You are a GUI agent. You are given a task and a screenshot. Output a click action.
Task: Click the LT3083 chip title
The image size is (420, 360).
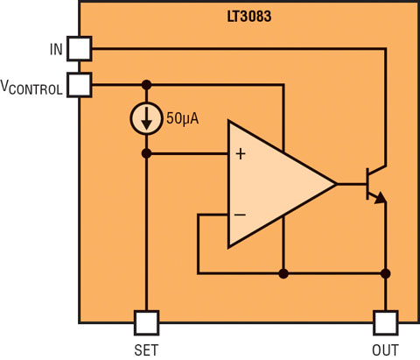[x=249, y=17]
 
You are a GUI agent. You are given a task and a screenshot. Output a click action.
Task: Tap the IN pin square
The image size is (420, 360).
[x=80, y=49]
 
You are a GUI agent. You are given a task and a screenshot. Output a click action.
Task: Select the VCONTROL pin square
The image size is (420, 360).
[x=80, y=85]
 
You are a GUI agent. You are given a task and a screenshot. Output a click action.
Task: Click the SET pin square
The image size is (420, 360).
[x=146, y=322]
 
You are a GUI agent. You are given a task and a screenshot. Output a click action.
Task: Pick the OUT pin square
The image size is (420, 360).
[x=386, y=322]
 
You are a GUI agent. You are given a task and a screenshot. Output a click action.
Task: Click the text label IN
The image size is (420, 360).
[x=56, y=50]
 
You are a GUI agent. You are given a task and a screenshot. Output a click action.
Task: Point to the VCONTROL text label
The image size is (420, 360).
[x=31, y=88]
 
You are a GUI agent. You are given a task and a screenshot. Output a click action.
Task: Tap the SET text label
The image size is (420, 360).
[x=146, y=349]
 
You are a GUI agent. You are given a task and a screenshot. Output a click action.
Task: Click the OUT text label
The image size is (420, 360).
[x=385, y=349]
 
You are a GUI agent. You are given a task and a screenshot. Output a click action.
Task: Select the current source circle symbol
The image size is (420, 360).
[x=146, y=118]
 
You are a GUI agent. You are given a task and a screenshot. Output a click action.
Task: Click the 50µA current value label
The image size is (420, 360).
[x=183, y=119]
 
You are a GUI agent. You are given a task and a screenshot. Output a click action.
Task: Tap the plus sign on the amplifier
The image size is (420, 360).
[x=241, y=154]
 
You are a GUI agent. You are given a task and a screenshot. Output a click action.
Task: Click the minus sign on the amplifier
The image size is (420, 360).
[x=240, y=215]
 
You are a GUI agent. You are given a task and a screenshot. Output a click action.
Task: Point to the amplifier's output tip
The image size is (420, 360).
[x=337, y=184]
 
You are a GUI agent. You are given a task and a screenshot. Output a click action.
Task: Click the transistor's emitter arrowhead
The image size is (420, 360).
[x=381, y=198]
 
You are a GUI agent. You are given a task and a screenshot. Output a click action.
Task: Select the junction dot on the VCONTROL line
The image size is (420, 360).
[x=146, y=85]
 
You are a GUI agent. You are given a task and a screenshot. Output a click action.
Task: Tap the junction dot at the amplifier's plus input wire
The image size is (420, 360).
[x=146, y=153]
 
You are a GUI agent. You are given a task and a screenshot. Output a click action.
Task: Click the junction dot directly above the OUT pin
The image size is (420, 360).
[x=386, y=273]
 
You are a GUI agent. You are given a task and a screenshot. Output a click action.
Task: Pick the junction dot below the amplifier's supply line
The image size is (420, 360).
[x=283, y=273]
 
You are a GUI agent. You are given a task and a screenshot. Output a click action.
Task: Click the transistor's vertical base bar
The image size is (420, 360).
[x=367, y=184]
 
